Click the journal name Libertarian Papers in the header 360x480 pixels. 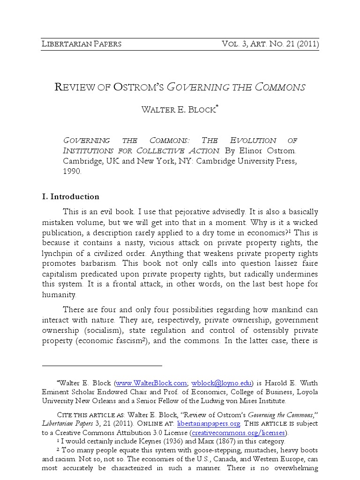(82, 44)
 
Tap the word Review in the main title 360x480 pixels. (75, 87)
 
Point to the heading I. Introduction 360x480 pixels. (70, 196)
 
